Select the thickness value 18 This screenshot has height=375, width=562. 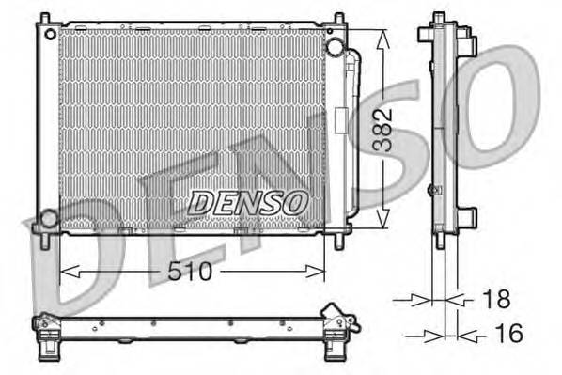[495, 300]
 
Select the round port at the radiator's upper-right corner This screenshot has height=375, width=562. [334, 46]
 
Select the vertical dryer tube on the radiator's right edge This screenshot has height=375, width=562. [352, 132]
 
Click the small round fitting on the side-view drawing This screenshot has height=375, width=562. [433, 191]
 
